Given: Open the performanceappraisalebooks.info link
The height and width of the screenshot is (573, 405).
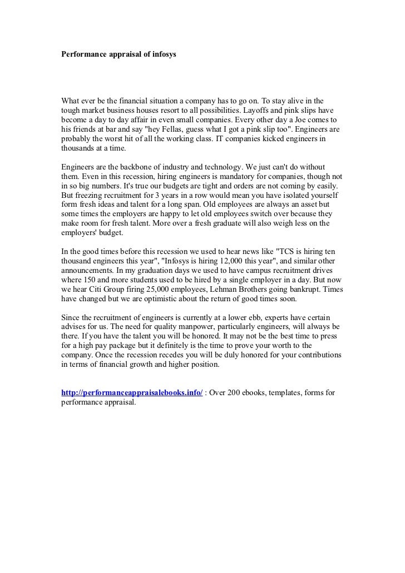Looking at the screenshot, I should (x=132, y=393).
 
